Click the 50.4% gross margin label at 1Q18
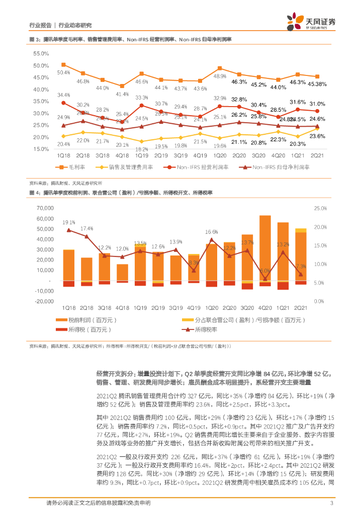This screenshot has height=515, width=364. pos(63,73)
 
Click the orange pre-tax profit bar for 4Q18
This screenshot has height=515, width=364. pos(122,272)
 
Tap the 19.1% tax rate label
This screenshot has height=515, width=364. pos(69,222)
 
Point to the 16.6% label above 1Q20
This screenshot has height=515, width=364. pos(212,232)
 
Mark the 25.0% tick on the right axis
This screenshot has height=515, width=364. pos(320,208)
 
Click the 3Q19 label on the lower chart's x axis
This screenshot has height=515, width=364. pos(175,307)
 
